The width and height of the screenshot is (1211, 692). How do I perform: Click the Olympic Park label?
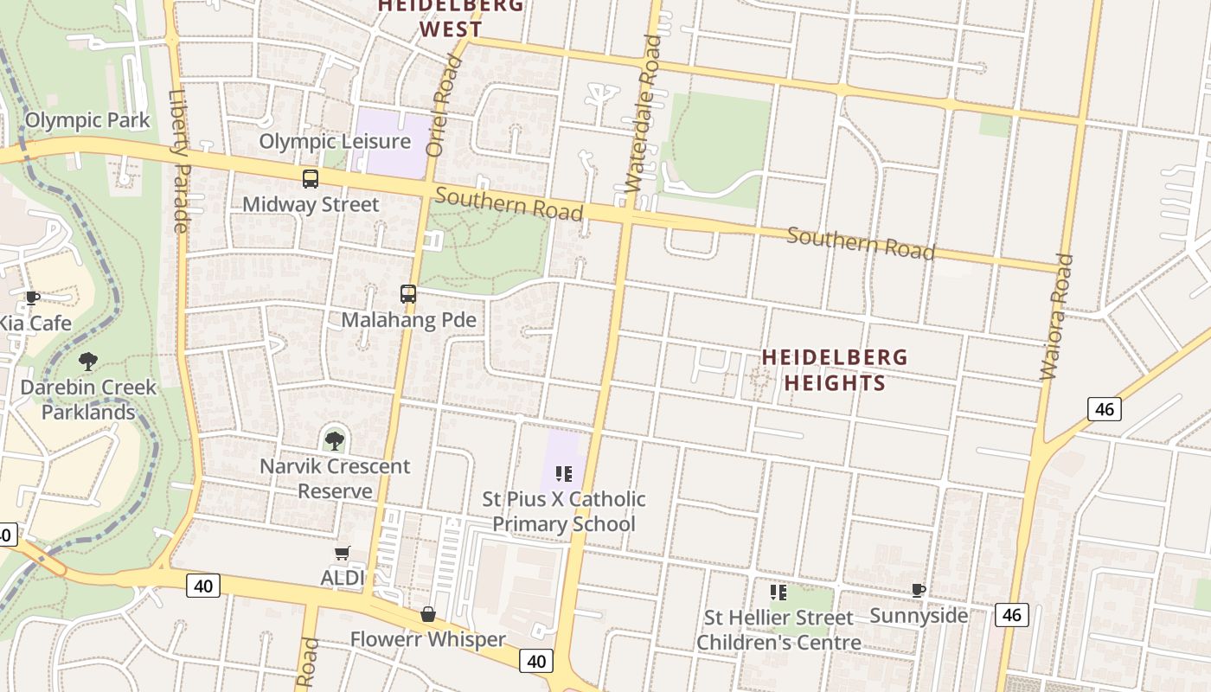(x=87, y=120)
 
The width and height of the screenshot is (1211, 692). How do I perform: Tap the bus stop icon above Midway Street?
(x=310, y=179)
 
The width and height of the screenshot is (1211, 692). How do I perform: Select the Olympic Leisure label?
(x=335, y=141)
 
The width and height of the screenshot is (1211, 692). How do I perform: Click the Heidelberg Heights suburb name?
(x=835, y=369)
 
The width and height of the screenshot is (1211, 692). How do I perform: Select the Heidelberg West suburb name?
(x=451, y=17)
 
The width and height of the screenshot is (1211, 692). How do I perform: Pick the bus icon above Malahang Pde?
(x=408, y=294)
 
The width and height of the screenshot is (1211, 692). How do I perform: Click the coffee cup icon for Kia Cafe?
(x=32, y=298)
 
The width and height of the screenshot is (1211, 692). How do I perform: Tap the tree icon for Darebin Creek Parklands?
(x=87, y=361)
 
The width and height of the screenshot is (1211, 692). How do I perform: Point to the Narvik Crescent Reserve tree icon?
(x=334, y=440)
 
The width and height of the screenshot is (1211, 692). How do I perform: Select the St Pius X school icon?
(x=564, y=473)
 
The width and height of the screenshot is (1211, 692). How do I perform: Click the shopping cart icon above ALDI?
(x=342, y=554)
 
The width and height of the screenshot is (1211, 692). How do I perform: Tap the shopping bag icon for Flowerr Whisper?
(x=427, y=614)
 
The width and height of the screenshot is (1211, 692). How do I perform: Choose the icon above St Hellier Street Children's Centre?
(x=778, y=593)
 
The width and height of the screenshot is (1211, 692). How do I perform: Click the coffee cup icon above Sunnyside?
(x=919, y=591)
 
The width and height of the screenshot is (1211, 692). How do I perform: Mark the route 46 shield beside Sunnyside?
(x=1011, y=615)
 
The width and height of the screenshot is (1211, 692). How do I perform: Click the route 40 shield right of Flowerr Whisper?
(x=535, y=662)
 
